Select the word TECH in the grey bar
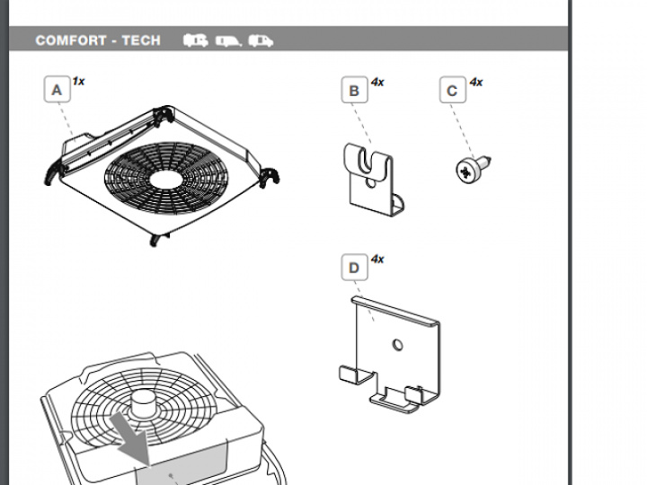141,40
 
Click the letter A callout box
57,90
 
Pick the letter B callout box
354,91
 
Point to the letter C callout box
452,91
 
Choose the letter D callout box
354,268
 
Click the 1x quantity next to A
79,81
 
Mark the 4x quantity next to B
377,82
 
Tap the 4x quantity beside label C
475,82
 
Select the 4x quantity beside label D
377,259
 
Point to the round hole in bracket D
395,344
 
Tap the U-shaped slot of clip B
368,162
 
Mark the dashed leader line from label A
65,115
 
